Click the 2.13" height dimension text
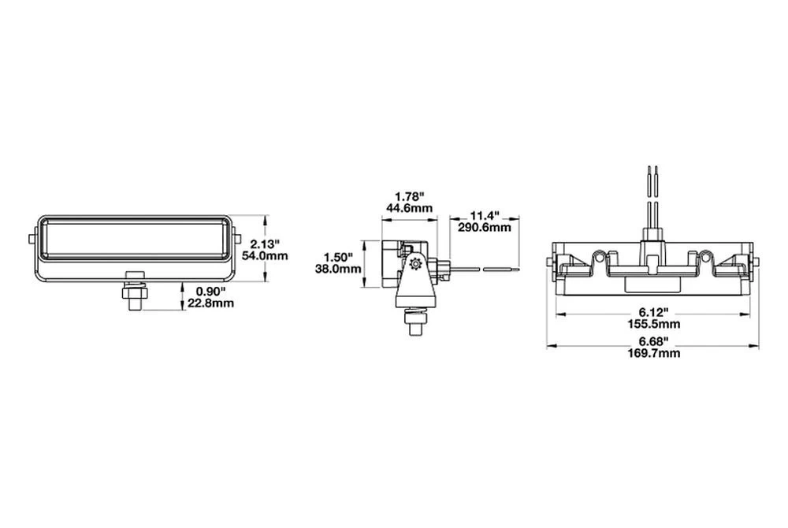coord(262,244)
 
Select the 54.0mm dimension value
coord(264,256)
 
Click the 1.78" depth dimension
coord(410,196)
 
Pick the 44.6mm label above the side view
coord(410,208)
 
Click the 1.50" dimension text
coord(340,256)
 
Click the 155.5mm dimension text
coord(652,324)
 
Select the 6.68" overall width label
coord(652,341)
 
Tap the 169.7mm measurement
coord(652,353)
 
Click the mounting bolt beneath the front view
coord(134,293)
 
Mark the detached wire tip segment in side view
coord(500,270)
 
